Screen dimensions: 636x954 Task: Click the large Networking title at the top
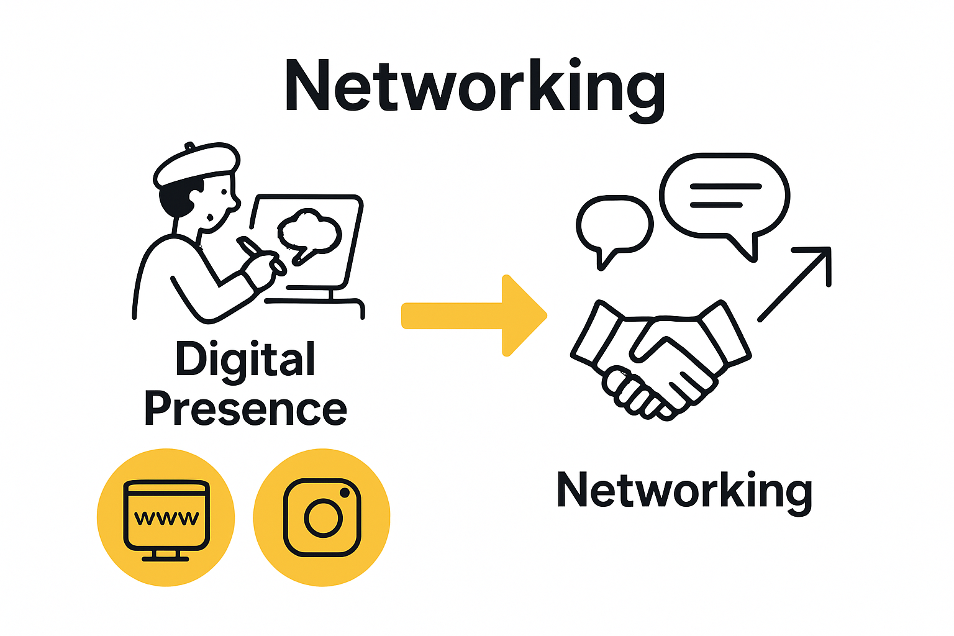point(475,87)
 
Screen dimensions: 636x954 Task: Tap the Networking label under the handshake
point(684,491)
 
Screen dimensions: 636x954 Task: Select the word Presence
point(245,409)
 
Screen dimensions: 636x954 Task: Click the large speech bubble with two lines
point(724,196)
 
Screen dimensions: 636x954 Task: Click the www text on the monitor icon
point(166,517)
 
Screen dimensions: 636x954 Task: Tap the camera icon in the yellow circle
point(322,517)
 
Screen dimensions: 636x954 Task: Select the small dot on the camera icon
point(345,493)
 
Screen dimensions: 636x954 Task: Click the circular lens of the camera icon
point(322,517)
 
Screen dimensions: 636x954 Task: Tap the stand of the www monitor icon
point(166,555)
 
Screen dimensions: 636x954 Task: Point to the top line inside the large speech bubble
point(725,186)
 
